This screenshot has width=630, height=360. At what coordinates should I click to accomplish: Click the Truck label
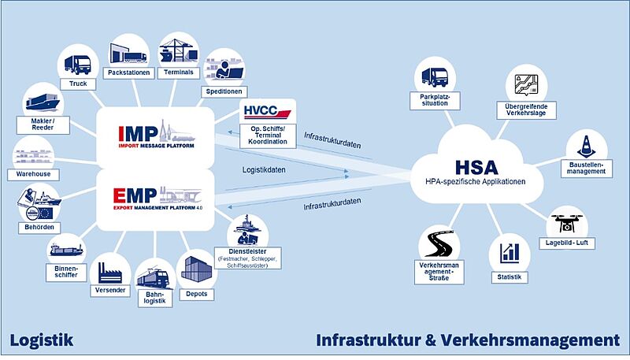pos(78,84)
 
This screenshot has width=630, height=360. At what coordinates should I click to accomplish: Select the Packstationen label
pos(130,72)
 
